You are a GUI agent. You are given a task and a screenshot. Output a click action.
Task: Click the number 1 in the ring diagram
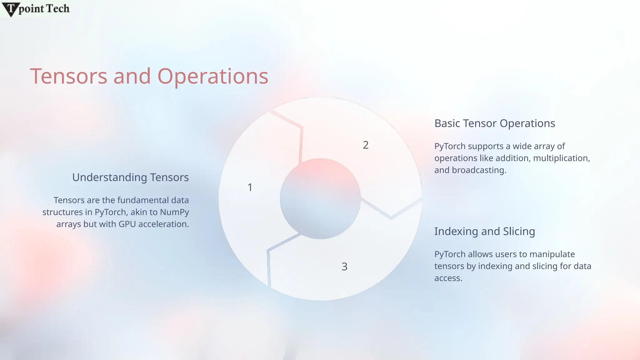[x=250, y=187]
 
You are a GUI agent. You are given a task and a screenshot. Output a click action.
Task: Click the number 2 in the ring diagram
[x=366, y=145]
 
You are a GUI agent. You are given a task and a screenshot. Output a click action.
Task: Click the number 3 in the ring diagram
[x=344, y=267]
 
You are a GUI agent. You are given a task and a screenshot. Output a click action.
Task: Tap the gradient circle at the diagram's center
[x=320, y=199]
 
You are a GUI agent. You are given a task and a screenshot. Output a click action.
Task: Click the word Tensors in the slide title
[x=68, y=76]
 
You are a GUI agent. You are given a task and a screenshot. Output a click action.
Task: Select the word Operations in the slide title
[x=212, y=77]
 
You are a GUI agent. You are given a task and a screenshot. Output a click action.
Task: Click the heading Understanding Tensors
[x=130, y=177]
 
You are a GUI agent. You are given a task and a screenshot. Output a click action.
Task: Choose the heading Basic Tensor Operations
[x=495, y=123]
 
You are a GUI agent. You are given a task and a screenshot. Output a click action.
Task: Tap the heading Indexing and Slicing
[x=484, y=232]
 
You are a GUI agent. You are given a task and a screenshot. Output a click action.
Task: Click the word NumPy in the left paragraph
[x=174, y=212]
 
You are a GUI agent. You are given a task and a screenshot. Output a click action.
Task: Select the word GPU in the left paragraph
[x=127, y=224]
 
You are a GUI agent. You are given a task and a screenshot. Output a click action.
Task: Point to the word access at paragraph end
[x=448, y=278]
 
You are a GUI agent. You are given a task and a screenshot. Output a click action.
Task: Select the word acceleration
[x=163, y=224]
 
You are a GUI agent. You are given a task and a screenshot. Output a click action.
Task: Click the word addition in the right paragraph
[x=513, y=158]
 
